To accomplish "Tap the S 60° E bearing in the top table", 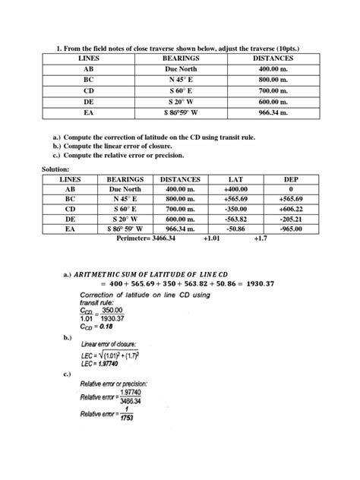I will point(181,90).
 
